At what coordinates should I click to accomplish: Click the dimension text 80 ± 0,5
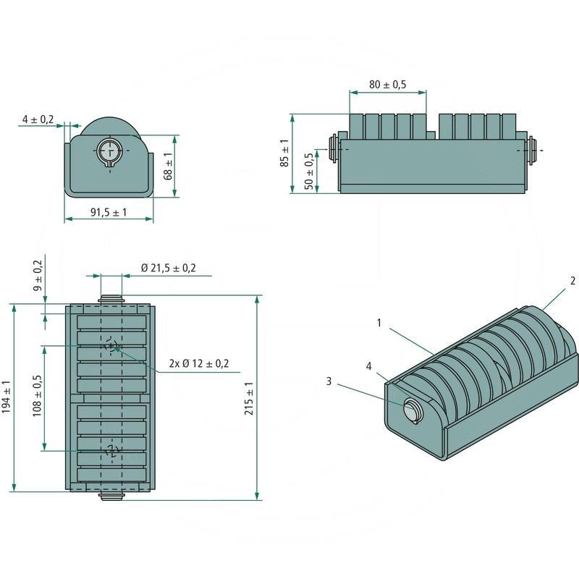coord(387,85)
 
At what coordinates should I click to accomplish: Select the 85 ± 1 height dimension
coord(284,153)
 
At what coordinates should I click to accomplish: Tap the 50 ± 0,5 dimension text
coord(310,171)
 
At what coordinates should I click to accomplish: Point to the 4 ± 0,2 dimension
coord(38,119)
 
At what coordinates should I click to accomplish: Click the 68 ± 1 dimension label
coord(168,166)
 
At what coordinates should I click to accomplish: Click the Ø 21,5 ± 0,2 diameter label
coord(168,268)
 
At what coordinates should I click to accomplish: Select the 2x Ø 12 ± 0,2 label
coord(198,363)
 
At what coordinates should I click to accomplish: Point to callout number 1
coord(379,323)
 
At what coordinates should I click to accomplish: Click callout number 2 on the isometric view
coord(572,280)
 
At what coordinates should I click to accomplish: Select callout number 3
coord(329,381)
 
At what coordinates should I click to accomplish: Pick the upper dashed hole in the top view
coord(109,345)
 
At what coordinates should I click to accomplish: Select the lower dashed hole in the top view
coord(111,450)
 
